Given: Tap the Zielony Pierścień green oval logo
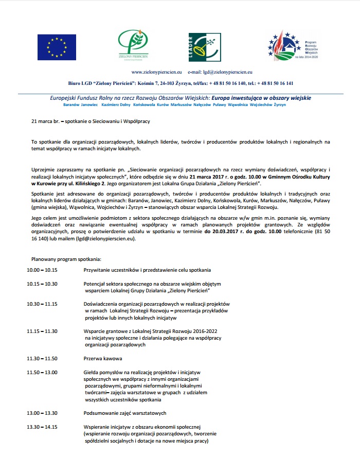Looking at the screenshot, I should (x=136, y=45).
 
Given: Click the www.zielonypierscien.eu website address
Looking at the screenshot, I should (x=157, y=73).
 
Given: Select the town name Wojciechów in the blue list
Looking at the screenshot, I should (x=261, y=104).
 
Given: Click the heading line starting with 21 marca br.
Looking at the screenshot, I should (x=91, y=121).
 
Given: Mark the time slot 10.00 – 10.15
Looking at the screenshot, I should (x=42, y=270).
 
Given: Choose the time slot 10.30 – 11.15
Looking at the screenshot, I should (x=42, y=304).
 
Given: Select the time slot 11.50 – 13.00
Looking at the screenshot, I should (x=42, y=372).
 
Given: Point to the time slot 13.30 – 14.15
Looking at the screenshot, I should (x=42, y=427).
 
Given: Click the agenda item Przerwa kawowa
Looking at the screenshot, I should (x=103, y=358).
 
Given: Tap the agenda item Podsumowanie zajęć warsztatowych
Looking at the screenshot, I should (x=125, y=413).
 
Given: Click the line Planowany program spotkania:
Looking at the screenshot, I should (x=66, y=258).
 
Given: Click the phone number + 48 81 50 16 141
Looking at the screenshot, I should (x=274, y=83).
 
